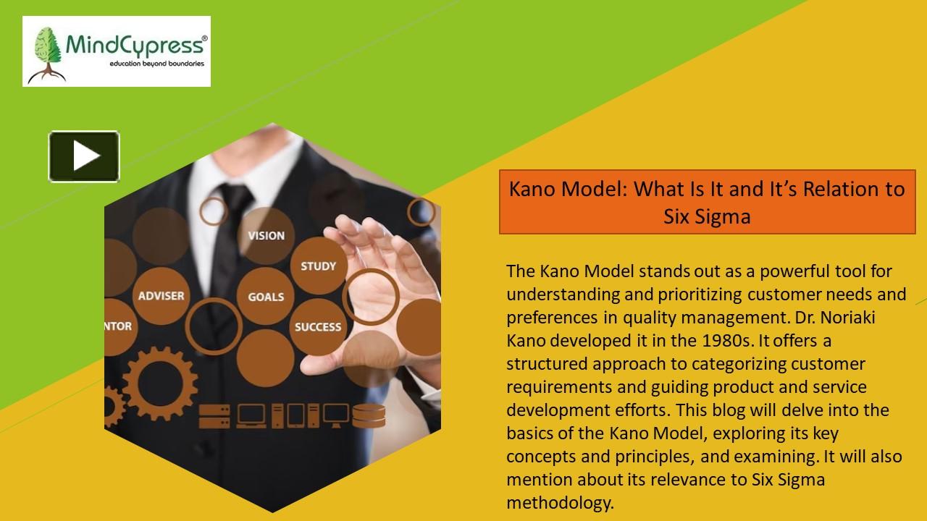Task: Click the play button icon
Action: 84,156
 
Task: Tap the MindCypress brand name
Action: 136,45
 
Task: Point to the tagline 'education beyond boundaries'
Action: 156,64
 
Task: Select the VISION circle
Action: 266,235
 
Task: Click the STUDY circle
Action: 318,266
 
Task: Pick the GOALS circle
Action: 266,296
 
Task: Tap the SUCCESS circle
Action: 317,326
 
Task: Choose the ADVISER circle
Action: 161,295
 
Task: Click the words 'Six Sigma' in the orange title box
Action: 707,216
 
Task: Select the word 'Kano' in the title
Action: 535,190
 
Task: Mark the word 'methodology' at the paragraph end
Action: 559,503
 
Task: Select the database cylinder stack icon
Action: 369,415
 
